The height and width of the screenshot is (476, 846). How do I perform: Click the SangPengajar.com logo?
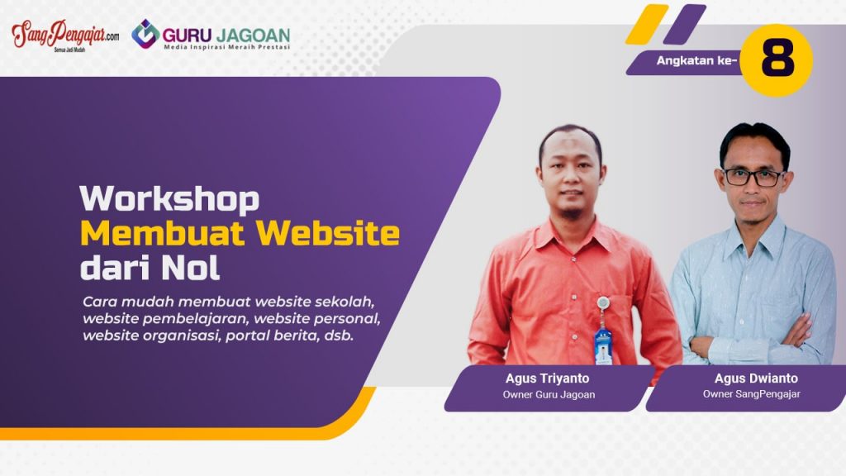[65, 36]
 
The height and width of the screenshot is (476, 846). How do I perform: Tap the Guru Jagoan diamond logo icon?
[145, 34]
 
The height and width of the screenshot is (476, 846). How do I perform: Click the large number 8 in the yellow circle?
[777, 59]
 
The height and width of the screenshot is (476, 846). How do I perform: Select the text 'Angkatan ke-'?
[696, 60]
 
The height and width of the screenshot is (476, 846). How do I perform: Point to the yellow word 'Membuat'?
[164, 233]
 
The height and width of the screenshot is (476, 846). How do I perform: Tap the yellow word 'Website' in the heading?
[328, 233]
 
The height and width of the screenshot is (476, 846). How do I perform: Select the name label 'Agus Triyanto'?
[547, 378]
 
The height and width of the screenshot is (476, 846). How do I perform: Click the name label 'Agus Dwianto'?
[756, 378]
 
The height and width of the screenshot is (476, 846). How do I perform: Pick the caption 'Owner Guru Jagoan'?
[549, 394]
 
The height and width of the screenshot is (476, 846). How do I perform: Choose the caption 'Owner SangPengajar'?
[751, 394]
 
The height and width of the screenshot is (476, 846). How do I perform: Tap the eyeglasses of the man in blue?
[753, 177]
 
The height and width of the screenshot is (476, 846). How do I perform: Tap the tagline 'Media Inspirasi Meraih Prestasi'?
[226, 47]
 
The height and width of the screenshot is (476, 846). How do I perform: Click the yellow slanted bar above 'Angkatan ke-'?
[647, 24]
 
